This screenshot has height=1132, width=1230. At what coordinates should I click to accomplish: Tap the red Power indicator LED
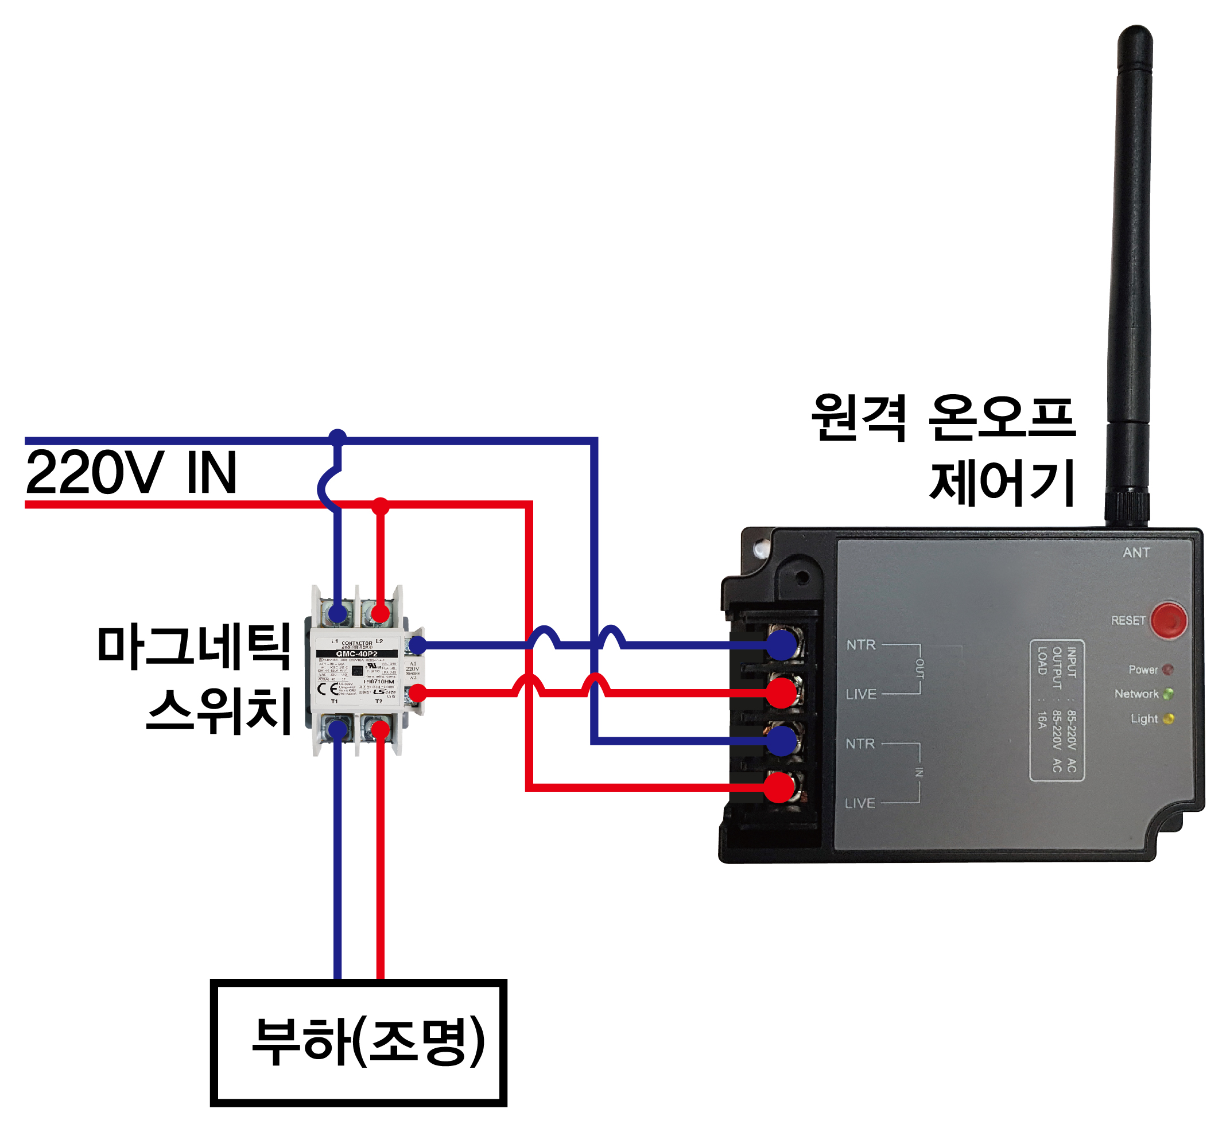tap(1167, 670)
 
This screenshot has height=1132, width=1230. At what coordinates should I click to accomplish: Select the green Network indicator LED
tap(1167, 694)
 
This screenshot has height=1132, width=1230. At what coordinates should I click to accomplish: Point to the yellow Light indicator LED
tap(1167, 718)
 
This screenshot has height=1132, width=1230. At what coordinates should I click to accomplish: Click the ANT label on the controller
tap(1136, 553)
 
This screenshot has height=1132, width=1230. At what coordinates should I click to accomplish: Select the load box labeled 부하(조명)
tap(359, 1042)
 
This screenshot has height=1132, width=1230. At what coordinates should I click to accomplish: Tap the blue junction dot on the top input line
tap(337, 437)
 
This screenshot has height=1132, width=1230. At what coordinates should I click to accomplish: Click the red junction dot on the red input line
tap(381, 506)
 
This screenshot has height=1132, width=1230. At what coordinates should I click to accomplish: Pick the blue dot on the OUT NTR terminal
tap(782, 644)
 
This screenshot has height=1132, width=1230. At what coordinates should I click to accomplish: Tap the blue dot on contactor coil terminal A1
tap(417, 644)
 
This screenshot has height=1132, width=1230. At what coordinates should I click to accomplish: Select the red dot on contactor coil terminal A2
tap(417, 693)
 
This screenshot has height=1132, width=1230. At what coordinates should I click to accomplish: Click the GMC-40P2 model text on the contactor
tap(356, 653)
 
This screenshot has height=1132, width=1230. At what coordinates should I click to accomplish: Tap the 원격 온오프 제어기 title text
tap(944, 450)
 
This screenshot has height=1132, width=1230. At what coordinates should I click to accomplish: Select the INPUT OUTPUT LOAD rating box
tap(1057, 710)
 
